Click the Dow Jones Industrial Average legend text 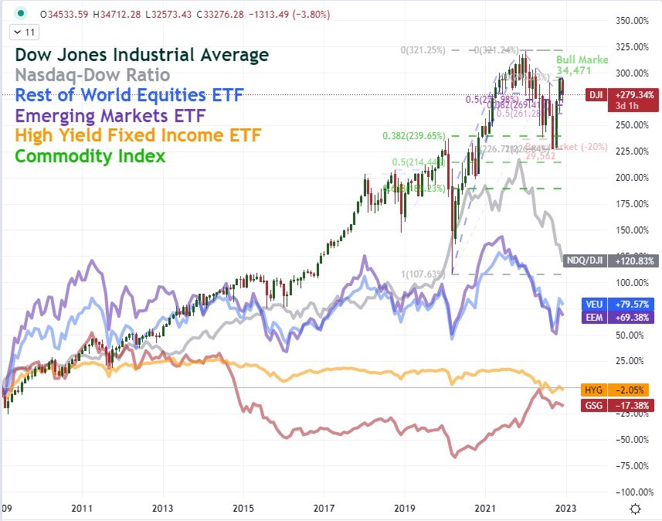coord(142,55)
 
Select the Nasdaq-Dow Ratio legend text coord(104,75)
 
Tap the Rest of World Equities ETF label coord(129,95)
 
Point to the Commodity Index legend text coord(90,156)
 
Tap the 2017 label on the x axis coord(324,509)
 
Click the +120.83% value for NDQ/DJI coord(635,261)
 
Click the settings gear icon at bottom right coord(635,509)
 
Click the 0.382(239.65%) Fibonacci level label coord(414,136)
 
